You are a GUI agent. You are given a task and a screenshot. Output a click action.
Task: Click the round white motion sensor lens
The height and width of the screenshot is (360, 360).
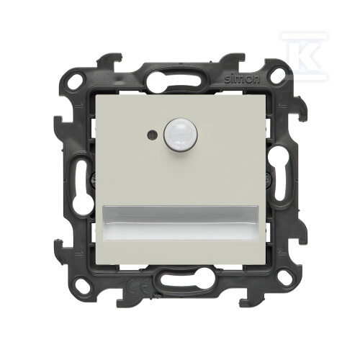[180, 136]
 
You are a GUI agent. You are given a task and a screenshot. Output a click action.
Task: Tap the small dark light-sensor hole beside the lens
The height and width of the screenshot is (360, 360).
[152, 135]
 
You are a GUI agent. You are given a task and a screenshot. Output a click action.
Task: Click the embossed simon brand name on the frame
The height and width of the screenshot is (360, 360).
[242, 80]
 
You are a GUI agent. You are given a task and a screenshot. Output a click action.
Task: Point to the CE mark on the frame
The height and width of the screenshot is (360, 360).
[139, 286]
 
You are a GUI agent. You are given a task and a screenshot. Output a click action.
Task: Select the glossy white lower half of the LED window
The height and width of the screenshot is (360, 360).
[180, 233]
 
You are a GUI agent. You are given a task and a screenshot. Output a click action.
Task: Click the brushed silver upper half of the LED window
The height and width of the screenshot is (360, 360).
[180, 215]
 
